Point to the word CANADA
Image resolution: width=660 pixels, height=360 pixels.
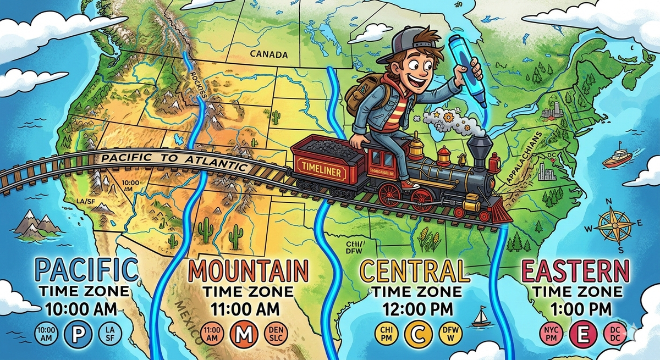pos(268,54)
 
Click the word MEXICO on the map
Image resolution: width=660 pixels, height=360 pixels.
pos(192,319)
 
